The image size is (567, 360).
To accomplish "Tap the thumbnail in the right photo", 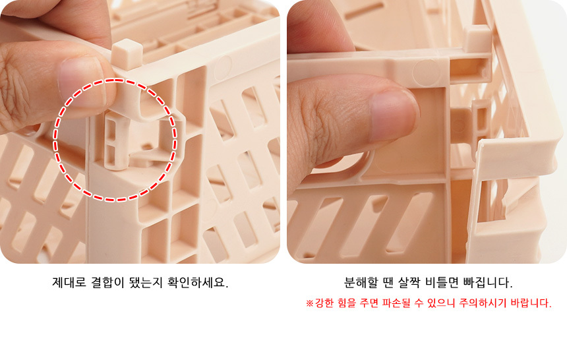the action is point(394,115).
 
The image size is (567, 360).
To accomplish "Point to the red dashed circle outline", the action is point(55,139).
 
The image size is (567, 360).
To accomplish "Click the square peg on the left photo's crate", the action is point(127,53).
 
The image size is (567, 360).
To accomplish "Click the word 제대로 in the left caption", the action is point(69,282).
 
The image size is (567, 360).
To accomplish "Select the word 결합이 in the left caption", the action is point(107,282).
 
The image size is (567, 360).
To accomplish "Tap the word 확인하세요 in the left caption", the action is point(197,282).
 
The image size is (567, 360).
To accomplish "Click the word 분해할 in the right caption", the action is point(361,282).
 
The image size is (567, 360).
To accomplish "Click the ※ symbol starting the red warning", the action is point(309,303).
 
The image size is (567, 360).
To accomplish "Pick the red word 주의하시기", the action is point(483,303).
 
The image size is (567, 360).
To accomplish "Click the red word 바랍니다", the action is point(531,303).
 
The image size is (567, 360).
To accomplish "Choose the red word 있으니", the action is point(441,303).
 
